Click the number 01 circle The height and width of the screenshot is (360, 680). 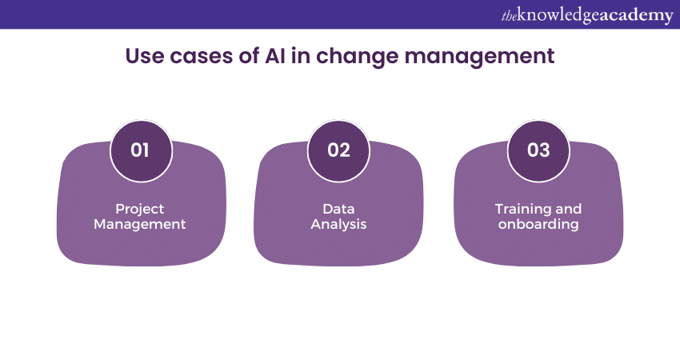pos(140,150)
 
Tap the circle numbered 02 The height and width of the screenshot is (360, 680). pos(339,150)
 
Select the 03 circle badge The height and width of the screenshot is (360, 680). pos(538,150)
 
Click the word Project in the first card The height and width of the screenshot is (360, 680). pos(140,209)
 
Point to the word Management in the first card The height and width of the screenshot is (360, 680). pos(140,224)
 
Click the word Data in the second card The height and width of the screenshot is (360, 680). pos(339,209)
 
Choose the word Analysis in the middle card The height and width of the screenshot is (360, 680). pos(339,224)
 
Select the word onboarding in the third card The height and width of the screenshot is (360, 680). pos(538,224)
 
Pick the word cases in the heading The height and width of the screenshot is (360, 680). pos(197,57)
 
